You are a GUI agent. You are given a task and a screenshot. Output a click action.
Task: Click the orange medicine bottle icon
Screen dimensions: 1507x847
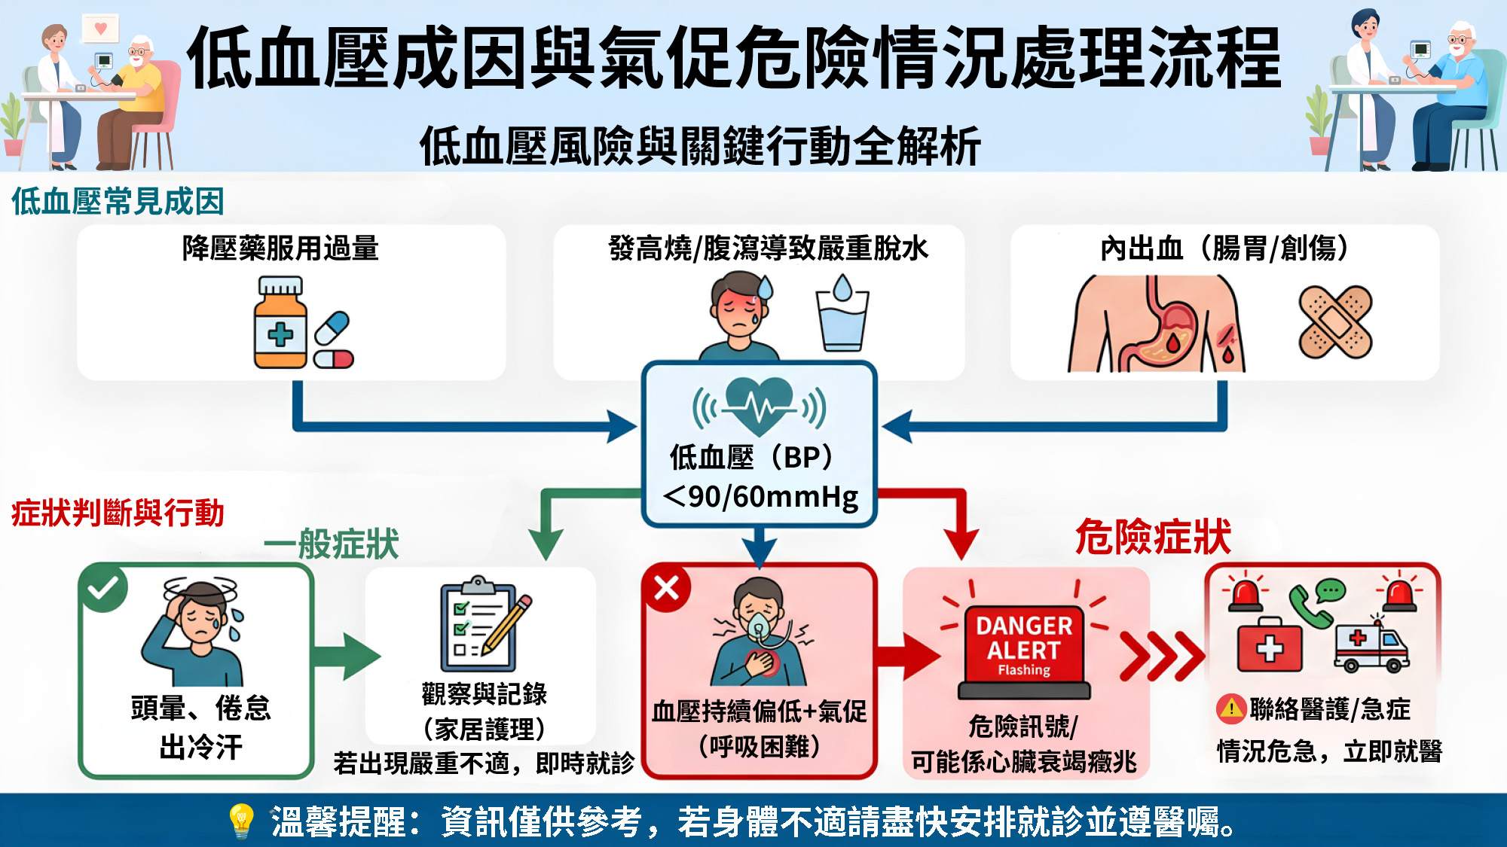pos(280,322)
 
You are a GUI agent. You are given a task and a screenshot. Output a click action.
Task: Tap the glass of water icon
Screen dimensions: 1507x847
pos(842,313)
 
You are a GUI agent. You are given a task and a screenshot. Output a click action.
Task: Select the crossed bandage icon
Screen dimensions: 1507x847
pos(1335,321)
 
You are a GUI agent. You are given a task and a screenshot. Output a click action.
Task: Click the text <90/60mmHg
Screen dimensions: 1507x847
pos(760,497)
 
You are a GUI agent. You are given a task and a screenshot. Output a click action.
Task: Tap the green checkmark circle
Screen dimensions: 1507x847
pos(103,587)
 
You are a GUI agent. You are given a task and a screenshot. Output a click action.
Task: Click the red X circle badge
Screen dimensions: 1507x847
pos(666,587)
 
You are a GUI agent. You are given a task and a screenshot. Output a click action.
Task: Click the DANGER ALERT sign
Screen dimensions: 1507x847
pos(1024,646)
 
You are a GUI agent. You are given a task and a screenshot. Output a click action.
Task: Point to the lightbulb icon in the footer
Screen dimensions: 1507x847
pos(241,821)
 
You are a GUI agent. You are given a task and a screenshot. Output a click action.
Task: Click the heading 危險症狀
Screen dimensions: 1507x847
pos(1153,537)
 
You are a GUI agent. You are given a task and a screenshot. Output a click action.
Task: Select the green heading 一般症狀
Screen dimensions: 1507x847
pos(332,544)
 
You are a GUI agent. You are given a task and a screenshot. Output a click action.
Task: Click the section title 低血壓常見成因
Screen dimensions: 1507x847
pos(118,201)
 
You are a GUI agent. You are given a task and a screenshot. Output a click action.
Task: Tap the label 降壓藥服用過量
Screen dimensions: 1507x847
pos(280,248)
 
